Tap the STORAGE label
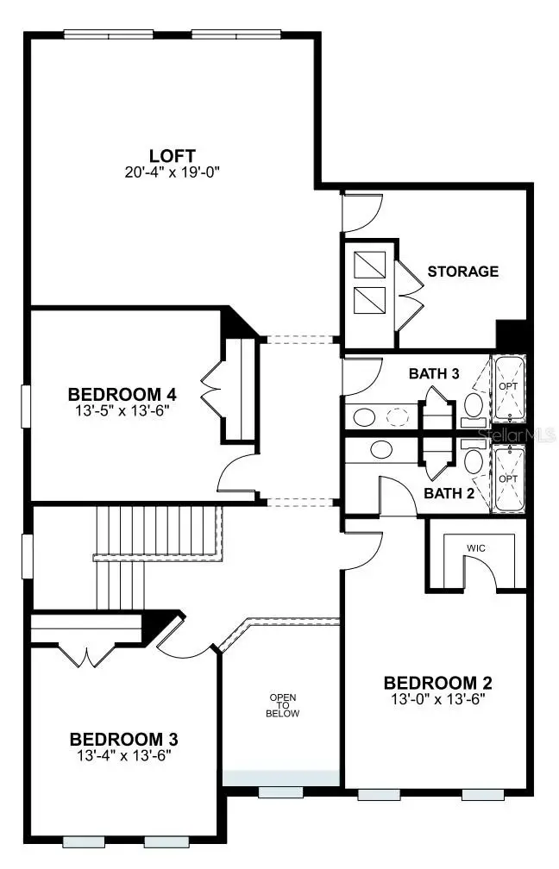click(x=462, y=271)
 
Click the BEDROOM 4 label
click(x=122, y=394)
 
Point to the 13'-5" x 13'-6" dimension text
click(x=122, y=410)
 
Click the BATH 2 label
click(x=447, y=494)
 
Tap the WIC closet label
click(x=476, y=547)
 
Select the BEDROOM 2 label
click(x=437, y=682)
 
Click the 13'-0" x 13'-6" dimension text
click(x=437, y=699)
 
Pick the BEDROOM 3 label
click(x=124, y=739)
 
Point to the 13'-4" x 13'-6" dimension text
click(x=124, y=756)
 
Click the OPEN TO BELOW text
click(x=283, y=705)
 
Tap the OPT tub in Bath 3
click(x=507, y=388)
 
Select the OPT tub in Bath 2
click(x=507, y=478)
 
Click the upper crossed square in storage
click(x=369, y=263)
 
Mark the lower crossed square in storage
click(x=369, y=299)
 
